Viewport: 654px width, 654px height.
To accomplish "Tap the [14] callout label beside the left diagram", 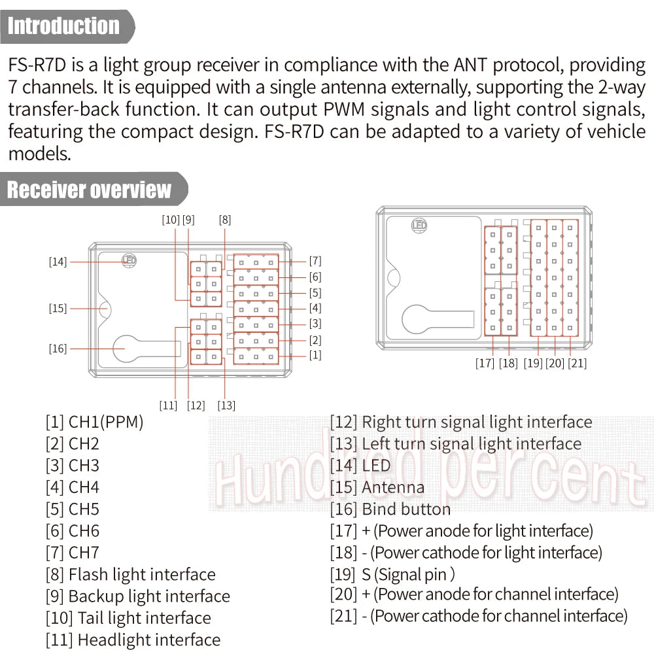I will [58, 262].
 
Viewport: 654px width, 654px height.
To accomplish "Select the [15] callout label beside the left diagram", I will [58, 308].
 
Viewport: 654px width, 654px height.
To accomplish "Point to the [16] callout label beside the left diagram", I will [58, 349].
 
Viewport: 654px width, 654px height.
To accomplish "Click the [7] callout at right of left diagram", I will [315, 261].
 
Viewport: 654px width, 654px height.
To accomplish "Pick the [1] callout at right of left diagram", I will [315, 355].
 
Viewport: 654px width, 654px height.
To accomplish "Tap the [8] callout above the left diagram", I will [225, 220].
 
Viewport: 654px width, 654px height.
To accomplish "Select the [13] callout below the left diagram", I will [226, 405].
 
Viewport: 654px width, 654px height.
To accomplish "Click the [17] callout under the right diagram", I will [485, 364].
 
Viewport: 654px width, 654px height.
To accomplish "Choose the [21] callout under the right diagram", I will [577, 364].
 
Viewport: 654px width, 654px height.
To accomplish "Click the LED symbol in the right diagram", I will [419, 226].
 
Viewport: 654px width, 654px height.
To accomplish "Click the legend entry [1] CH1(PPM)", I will [94, 422].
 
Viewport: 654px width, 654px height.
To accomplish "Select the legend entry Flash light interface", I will [130, 575].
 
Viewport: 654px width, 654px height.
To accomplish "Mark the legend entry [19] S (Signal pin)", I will [392, 574].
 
